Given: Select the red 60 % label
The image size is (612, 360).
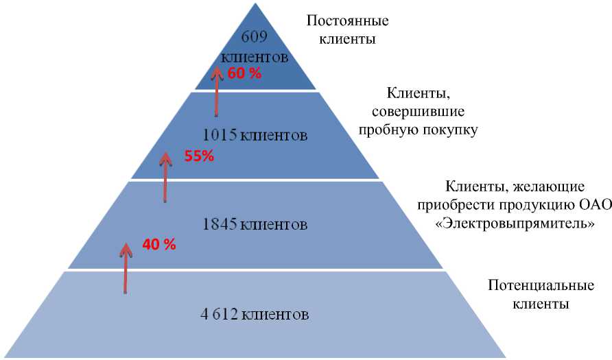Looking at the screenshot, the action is pos(244,73).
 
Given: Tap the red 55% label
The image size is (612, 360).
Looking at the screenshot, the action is pos(199,156).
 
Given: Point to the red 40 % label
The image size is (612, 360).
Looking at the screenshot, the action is pos(159,244).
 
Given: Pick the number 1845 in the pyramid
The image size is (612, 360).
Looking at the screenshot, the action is pos(220,224).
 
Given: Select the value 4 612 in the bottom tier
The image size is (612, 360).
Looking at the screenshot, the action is pos(219,315).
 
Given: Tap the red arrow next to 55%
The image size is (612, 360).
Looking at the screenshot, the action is pos(165,177).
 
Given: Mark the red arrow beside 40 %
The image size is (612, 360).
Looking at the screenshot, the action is pos(126,267).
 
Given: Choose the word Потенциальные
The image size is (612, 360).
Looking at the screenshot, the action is pos(530,285).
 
